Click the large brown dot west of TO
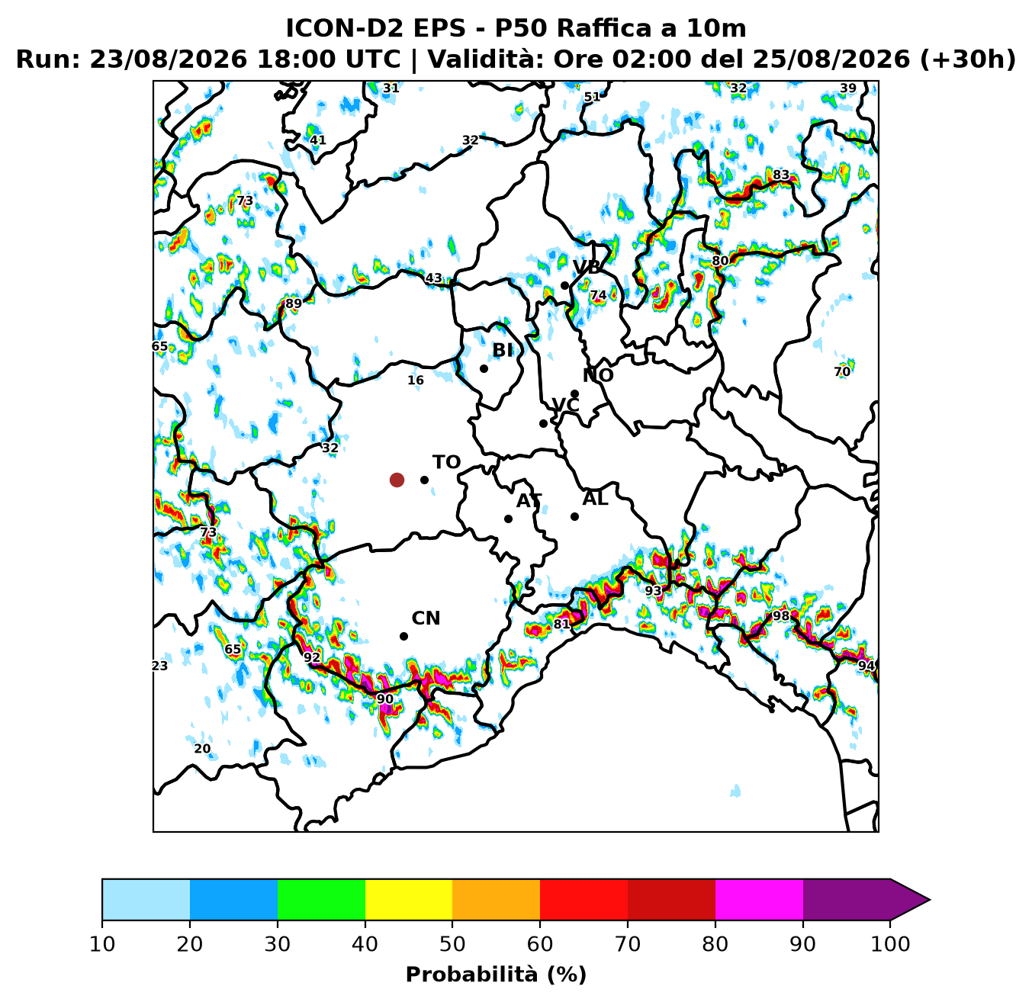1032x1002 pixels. (x=397, y=480)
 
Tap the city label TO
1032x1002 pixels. (x=446, y=462)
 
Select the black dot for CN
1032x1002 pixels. (x=403, y=636)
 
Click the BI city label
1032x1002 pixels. (x=502, y=351)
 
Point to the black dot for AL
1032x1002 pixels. (x=574, y=516)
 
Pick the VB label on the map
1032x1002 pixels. (x=586, y=267)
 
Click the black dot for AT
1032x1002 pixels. (x=508, y=519)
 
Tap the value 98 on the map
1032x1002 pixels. (x=780, y=615)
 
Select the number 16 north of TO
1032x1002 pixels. (x=416, y=380)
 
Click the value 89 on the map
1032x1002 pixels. (x=293, y=303)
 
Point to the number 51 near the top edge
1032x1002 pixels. (x=592, y=97)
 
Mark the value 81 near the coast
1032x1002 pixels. (x=561, y=624)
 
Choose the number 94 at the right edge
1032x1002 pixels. (x=866, y=666)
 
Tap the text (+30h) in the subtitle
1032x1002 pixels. (x=967, y=59)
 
